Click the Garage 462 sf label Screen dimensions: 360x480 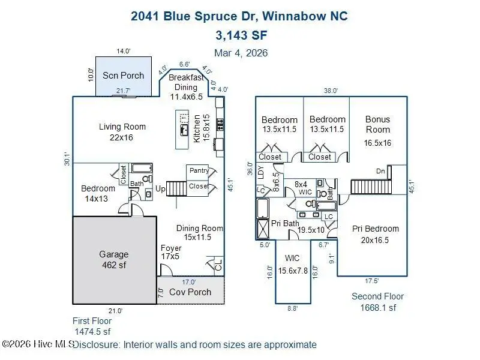tap(114, 259)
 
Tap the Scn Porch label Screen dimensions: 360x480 tap(124, 76)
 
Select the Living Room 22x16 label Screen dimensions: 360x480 tap(122, 132)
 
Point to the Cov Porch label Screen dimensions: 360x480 tap(190, 292)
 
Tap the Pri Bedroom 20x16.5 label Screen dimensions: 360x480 tap(375, 234)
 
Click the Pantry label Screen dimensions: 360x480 tap(199, 171)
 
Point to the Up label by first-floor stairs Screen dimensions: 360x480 tap(160, 189)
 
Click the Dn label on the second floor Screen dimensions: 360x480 tap(379, 171)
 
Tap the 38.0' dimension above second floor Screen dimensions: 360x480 tap(331, 91)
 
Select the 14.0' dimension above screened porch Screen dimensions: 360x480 tap(124, 52)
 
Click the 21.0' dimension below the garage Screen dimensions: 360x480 tap(115, 311)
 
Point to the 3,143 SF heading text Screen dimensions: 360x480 tap(239, 34)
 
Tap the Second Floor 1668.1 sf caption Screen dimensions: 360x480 tap(377, 302)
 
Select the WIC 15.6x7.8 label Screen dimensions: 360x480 tap(292, 265)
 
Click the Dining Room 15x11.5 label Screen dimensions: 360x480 tap(199, 233)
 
